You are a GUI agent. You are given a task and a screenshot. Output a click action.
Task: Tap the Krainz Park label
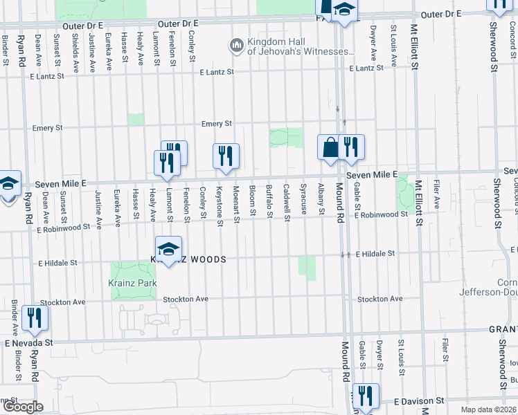click(x=132, y=283)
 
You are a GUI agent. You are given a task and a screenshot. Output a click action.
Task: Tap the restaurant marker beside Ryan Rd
click(x=33, y=318)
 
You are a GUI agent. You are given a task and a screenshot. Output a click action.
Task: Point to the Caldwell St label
click(x=286, y=203)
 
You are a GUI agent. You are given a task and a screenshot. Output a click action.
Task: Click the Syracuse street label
click(x=303, y=198)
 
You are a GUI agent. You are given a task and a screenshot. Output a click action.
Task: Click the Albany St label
click(x=320, y=199)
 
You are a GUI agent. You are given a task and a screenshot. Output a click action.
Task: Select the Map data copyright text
click(x=488, y=409)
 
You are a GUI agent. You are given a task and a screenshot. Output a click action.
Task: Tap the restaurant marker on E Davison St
click(x=365, y=396)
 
